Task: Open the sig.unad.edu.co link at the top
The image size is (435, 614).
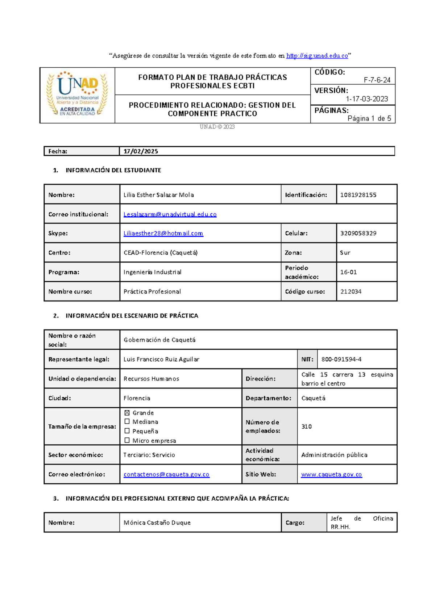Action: [317, 55]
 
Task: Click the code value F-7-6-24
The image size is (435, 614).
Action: [377, 80]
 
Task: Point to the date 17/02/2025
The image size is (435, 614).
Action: [141, 151]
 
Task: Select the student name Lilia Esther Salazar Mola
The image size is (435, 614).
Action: [158, 195]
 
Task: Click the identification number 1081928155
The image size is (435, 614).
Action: [358, 195]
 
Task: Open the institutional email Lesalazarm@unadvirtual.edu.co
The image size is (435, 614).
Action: [170, 214]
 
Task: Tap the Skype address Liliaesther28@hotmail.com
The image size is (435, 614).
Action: [163, 234]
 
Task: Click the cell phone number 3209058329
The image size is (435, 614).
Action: [358, 234]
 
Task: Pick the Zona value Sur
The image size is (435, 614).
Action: [345, 253]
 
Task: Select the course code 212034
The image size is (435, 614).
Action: [351, 291]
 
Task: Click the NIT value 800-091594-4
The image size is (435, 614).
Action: [341, 359]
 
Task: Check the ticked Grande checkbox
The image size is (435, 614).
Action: [127, 413]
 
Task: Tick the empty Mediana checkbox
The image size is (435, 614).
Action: [127, 421]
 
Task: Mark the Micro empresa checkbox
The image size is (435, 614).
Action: [127, 440]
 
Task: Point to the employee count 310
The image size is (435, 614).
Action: [306, 426]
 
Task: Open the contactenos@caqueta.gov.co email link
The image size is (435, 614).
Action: [166, 474]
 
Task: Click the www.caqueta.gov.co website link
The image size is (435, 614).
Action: [331, 474]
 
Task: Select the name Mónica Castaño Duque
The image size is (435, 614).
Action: [157, 522]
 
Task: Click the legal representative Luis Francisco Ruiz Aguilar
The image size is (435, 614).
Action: [161, 359]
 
